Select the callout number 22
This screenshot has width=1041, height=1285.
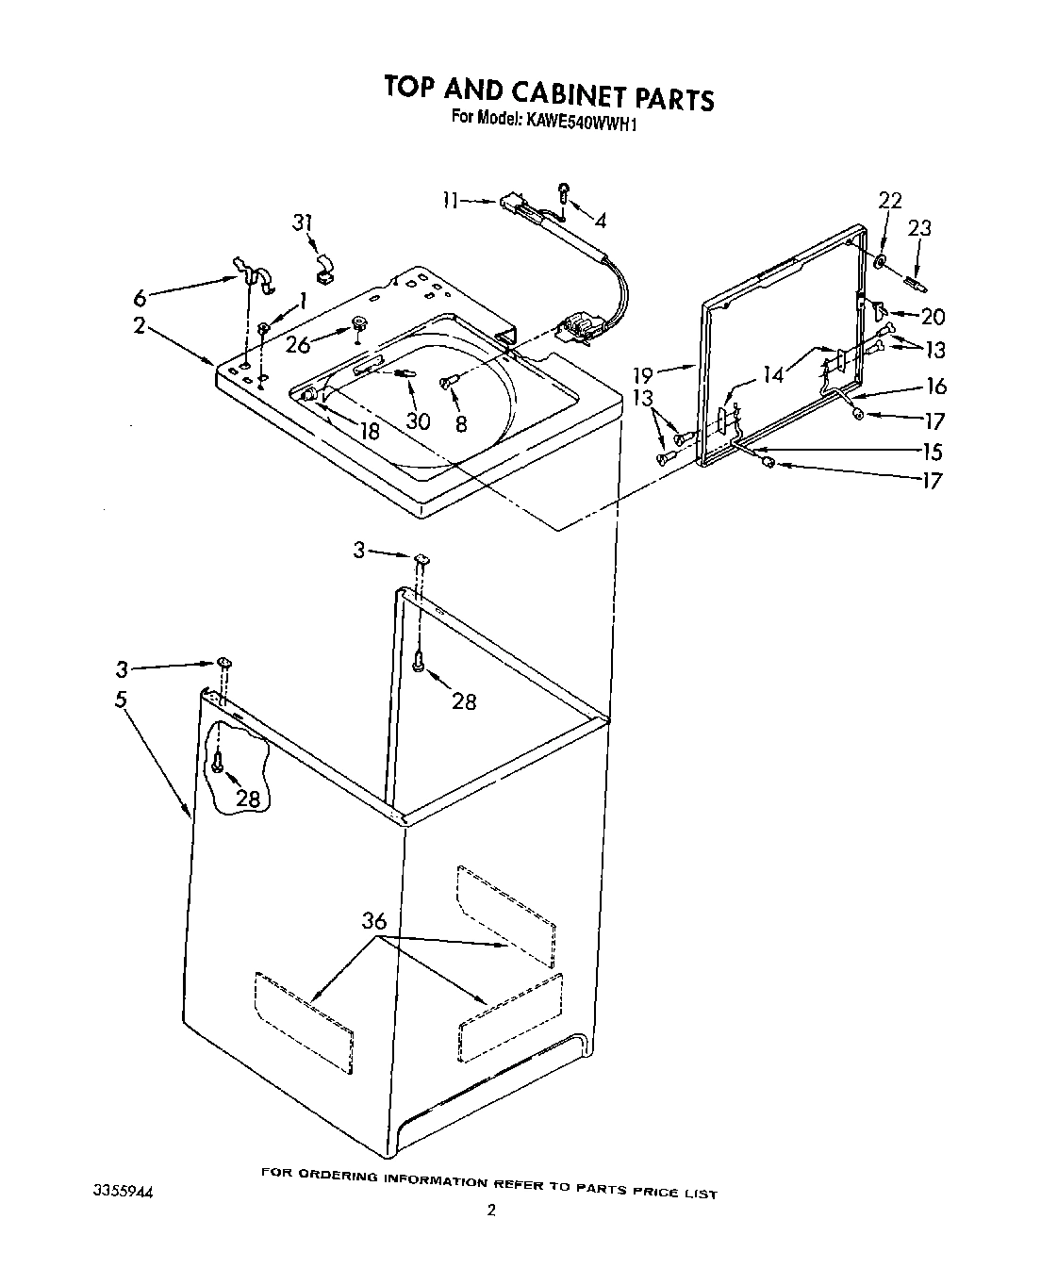coord(889,201)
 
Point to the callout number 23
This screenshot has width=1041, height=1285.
coord(919,227)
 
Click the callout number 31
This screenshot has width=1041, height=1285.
coord(302,222)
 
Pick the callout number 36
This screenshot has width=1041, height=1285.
coord(374,921)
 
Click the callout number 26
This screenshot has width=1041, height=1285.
coord(298,345)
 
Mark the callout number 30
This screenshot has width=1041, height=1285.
coord(418,421)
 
